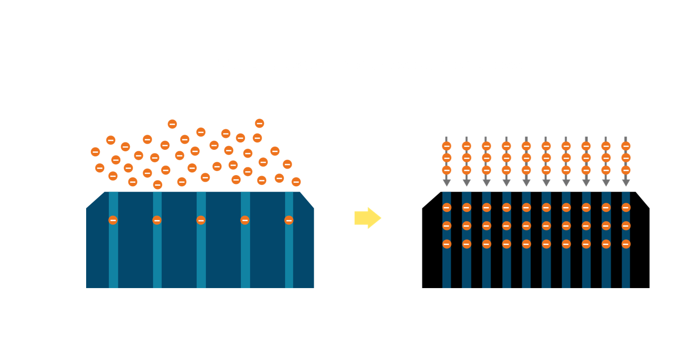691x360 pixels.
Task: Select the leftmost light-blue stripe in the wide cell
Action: (113, 258)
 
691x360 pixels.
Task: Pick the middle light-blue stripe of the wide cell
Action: (201, 258)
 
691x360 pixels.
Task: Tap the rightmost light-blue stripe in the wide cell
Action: (289, 258)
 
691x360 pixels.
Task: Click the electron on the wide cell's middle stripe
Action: (201, 220)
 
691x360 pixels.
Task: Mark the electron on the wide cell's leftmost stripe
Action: (113, 220)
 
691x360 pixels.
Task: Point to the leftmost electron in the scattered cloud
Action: (95, 152)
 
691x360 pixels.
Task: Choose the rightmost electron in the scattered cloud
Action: (296, 182)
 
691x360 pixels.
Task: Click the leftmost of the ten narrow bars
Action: (446, 267)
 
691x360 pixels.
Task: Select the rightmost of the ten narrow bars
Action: (626, 267)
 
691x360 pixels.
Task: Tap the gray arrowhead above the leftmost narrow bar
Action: (446, 183)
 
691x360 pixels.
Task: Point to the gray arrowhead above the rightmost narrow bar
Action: (626, 183)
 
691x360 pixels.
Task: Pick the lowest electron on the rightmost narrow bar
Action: (626, 244)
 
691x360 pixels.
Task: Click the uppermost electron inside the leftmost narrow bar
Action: (446, 207)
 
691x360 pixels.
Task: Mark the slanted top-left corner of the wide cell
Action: (96, 200)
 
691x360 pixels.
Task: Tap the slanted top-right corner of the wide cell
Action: (306, 200)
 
